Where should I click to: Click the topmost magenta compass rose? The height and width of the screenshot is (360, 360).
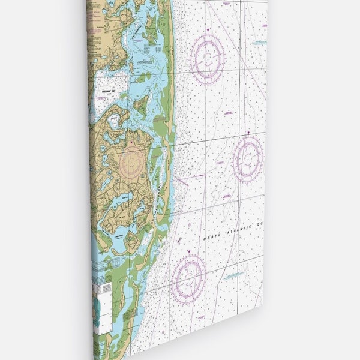click(x=208, y=58)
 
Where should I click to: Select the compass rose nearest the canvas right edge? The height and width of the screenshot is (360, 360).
click(x=248, y=158)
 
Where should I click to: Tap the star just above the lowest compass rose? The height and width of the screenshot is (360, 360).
click(x=189, y=251)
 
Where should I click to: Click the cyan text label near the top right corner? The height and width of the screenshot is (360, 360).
click(x=259, y=43)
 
